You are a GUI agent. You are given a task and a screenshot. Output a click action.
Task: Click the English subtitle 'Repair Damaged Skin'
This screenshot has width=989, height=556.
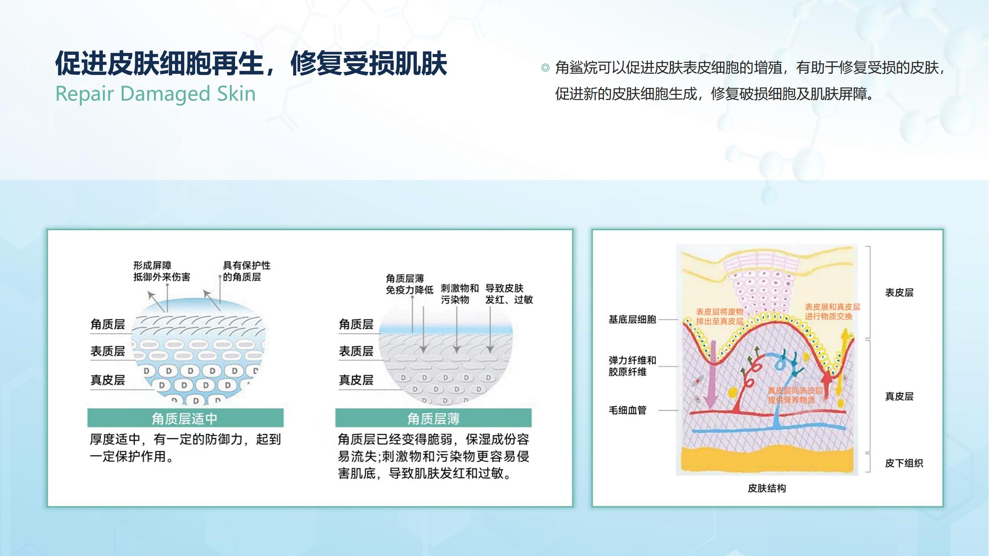(155, 94)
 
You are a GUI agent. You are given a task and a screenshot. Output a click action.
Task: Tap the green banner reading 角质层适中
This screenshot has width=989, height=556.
(185, 418)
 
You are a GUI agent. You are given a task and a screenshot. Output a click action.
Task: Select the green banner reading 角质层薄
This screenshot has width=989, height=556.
(433, 418)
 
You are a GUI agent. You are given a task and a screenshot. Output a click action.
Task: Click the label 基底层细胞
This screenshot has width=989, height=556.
(632, 320)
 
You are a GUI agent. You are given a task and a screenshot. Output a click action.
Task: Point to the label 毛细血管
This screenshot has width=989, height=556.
(628, 410)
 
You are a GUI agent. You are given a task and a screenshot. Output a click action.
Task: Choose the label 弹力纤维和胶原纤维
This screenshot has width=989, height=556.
(632, 366)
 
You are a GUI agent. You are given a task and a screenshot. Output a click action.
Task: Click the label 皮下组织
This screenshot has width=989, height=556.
(904, 463)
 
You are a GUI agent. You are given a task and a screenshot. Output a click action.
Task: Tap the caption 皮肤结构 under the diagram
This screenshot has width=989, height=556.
(767, 489)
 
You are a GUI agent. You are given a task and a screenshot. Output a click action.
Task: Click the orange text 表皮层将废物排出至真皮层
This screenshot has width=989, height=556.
(720, 317)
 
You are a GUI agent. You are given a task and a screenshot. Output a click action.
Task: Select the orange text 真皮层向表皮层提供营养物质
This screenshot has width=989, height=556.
(795, 396)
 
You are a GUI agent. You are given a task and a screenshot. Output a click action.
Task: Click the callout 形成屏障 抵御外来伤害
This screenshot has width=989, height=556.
(162, 271)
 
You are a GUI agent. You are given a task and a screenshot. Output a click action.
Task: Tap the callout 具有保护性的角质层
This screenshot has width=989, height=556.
(246, 271)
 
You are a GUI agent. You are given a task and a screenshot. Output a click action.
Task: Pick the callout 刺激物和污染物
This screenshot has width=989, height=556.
(460, 294)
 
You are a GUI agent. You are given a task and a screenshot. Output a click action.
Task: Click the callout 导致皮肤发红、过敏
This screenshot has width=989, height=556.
(509, 294)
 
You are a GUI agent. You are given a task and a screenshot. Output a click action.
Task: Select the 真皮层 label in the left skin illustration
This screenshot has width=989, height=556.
(108, 380)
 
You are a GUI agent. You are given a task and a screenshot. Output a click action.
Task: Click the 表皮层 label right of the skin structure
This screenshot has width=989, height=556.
(899, 293)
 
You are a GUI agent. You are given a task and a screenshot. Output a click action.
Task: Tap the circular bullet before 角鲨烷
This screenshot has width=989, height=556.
(545, 68)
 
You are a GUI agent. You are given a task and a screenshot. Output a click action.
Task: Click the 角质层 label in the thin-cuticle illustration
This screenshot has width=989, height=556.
(356, 324)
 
